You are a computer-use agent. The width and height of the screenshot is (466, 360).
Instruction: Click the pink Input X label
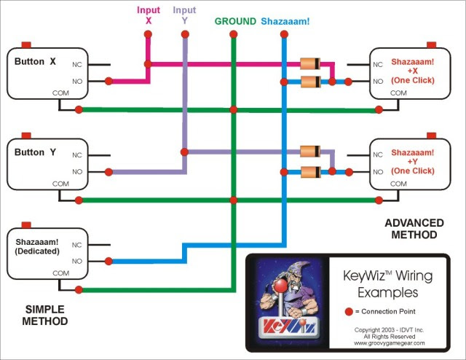click(x=148, y=15)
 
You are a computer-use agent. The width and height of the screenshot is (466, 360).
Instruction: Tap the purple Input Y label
click(x=184, y=15)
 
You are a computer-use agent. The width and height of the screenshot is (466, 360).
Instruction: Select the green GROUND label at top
click(x=234, y=22)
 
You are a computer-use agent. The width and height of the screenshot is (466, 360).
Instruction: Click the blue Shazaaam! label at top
click(x=285, y=22)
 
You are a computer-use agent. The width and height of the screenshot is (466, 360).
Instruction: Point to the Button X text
click(x=35, y=62)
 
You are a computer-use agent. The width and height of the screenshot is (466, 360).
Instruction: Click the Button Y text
click(x=35, y=152)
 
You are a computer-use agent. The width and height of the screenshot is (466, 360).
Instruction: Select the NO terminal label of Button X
click(x=76, y=82)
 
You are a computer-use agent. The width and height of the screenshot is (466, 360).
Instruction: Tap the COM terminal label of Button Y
click(x=61, y=184)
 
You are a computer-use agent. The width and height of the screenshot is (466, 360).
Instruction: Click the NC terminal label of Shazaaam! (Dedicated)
click(x=76, y=245)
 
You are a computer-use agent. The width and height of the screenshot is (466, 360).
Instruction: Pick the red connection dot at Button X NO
click(x=109, y=82)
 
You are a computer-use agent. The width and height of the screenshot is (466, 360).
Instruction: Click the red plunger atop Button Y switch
click(x=27, y=136)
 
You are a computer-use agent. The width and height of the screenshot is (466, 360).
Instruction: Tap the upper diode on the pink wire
click(x=311, y=64)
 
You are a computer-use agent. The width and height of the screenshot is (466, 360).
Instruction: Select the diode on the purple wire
click(x=311, y=152)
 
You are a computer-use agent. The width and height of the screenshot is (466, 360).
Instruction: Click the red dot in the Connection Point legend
click(x=348, y=311)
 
